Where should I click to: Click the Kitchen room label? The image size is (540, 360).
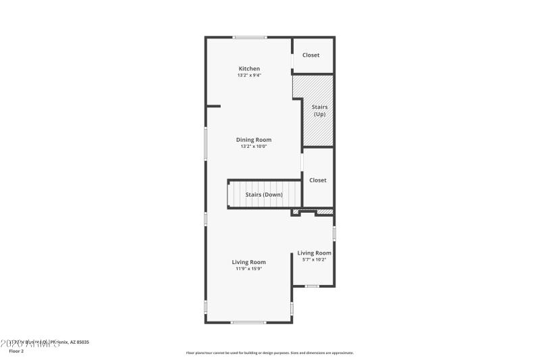(x=249, y=68)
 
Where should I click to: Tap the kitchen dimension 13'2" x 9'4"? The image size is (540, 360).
(x=249, y=75)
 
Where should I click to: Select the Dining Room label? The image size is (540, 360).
(x=254, y=140)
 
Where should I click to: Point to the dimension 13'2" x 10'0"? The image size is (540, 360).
(x=254, y=147)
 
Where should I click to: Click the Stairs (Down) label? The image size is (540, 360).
(x=264, y=195)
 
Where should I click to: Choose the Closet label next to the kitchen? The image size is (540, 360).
(x=311, y=55)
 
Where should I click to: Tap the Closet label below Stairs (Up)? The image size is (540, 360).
(x=318, y=180)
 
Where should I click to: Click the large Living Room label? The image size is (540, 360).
(x=249, y=262)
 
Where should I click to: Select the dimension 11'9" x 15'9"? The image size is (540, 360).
(x=249, y=269)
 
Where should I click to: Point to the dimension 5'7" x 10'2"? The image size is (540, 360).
(x=315, y=259)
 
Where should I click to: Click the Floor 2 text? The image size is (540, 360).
(x=16, y=351)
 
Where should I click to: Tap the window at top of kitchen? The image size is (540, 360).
(x=250, y=37)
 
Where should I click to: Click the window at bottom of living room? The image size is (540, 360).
(x=248, y=322)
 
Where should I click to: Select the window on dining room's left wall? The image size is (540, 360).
(x=206, y=144)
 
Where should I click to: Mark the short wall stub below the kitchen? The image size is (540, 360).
(x=213, y=105)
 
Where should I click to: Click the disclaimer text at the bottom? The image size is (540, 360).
(x=269, y=353)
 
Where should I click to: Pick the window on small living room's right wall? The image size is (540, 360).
(x=334, y=234)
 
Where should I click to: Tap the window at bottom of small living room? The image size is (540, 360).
(x=312, y=286)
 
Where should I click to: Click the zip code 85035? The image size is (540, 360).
(x=82, y=342)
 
